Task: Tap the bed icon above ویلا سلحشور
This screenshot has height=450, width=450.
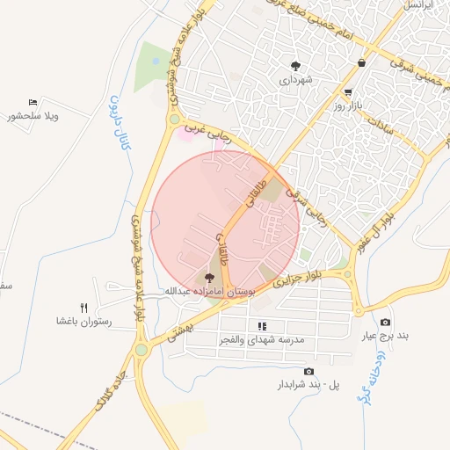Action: (33, 102)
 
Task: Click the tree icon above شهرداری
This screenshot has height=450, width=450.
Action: (296, 65)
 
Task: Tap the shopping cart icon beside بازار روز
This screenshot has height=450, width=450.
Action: (348, 91)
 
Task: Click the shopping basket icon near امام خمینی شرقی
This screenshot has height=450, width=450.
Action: (362, 62)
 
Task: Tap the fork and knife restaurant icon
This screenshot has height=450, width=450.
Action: (84, 307)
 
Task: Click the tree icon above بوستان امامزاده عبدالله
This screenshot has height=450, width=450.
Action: (207, 277)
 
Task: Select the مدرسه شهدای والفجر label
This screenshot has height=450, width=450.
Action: (260, 338)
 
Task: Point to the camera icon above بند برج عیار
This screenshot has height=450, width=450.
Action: (385, 322)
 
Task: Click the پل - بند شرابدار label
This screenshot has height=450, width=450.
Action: (308, 385)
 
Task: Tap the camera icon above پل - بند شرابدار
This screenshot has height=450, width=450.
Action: (308, 371)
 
